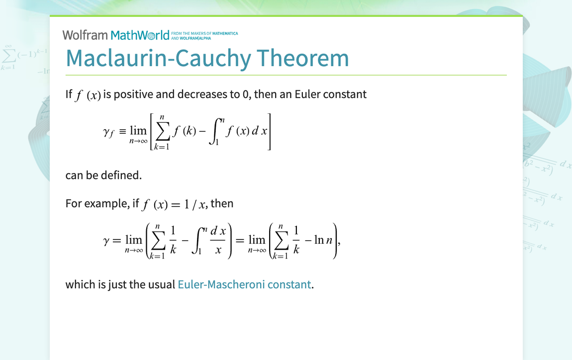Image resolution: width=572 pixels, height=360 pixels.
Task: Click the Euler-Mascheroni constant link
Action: point(244,284)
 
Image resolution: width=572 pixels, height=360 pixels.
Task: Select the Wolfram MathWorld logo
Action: point(115,35)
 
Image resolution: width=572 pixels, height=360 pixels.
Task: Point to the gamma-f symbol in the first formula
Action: point(108,132)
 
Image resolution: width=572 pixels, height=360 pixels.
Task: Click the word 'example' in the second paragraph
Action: point(108,203)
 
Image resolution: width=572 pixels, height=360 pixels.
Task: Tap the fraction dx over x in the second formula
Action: point(218,241)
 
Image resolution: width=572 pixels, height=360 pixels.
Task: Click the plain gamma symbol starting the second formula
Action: point(105,241)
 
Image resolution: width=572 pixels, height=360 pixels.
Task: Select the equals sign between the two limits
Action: point(240,241)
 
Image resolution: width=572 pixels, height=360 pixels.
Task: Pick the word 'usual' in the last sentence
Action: point(162,284)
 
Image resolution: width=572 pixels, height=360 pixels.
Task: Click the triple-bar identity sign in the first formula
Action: point(122,132)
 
